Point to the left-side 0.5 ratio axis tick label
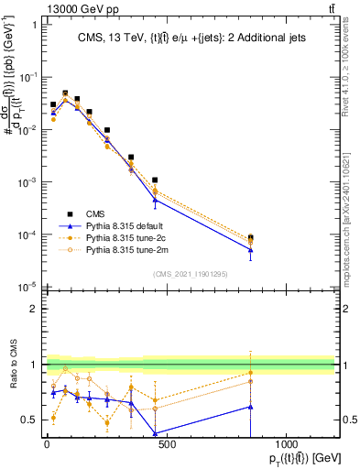click(x=28, y=420)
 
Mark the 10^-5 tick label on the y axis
click(x=26, y=289)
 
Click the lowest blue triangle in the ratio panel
click(x=155, y=434)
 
